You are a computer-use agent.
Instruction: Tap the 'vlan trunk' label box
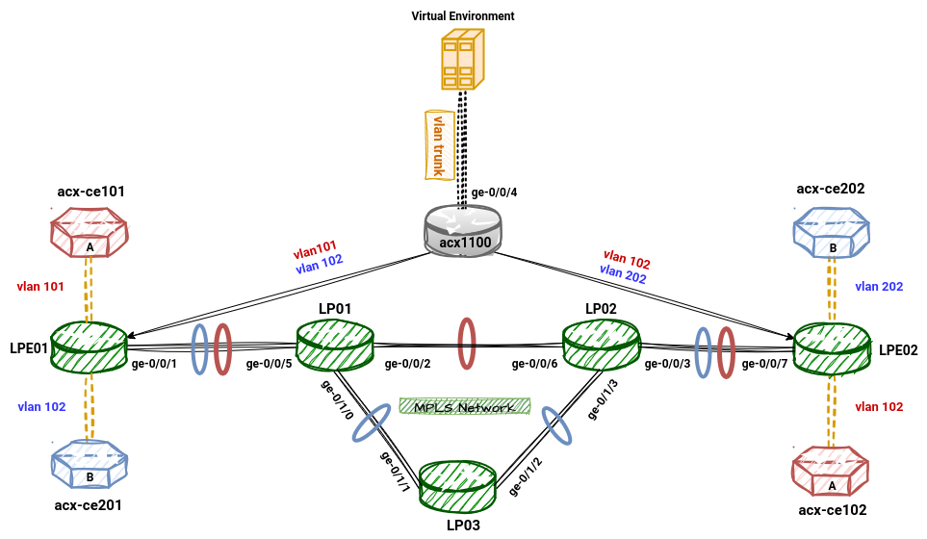(x=440, y=144)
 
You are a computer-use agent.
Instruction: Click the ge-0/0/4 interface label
(x=494, y=192)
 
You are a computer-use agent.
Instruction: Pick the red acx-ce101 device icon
(x=89, y=237)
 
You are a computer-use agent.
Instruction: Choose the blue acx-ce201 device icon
(x=89, y=465)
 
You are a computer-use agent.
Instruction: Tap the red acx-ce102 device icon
(x=830, y=474)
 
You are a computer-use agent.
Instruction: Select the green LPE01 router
(x=90, y=346)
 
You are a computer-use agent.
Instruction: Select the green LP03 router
(x=458, y=487)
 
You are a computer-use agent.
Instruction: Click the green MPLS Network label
(x=465, y=407)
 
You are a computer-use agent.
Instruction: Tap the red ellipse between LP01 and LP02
(x=467, y=343)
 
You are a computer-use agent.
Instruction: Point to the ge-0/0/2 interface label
(x=407, y=365)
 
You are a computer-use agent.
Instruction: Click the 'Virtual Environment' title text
(x=463, y=16)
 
